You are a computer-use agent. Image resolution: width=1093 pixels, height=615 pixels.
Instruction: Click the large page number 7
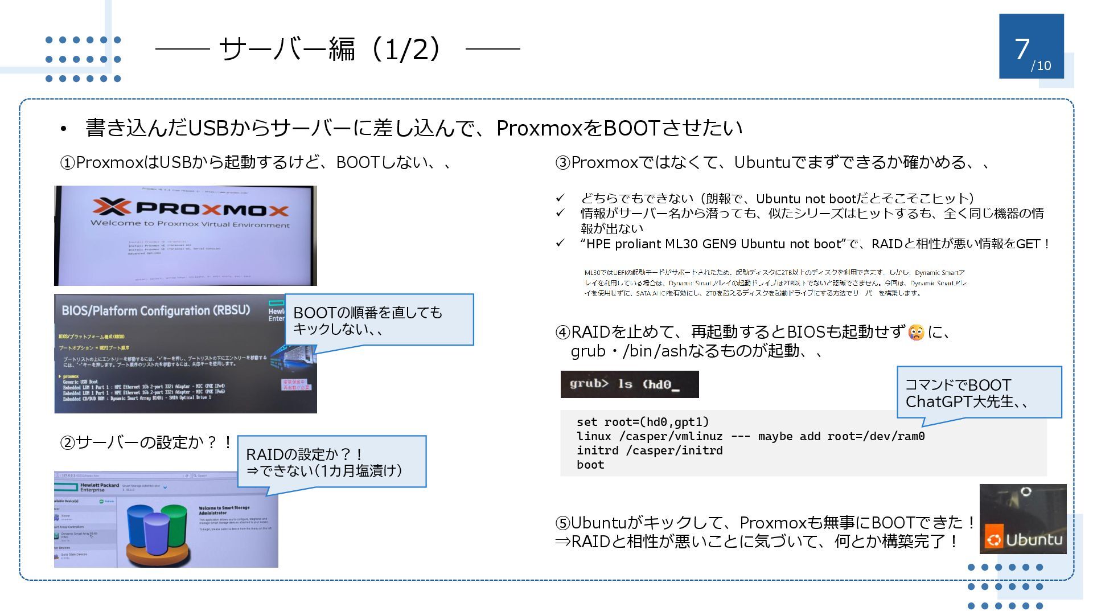click(1022, 49)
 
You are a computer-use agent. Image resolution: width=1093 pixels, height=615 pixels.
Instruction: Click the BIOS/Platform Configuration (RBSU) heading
click(155, 311)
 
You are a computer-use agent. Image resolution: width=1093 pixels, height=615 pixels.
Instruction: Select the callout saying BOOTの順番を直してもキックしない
click(379, 320)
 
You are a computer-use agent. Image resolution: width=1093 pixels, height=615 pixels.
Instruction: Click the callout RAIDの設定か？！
click(331, 462)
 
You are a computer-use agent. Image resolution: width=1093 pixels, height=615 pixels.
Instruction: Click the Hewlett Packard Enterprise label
click(99, 487)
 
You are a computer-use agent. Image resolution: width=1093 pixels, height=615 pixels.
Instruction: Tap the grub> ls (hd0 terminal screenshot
click(629, 384)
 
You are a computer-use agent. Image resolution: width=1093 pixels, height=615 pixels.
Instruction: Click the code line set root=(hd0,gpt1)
click(643, 422)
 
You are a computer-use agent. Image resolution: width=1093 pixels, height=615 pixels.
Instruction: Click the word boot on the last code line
click(590, 465)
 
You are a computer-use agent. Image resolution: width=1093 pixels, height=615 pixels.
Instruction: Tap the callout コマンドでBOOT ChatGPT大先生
click(979, 393)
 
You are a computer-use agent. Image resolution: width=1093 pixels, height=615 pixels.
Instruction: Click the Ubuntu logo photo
click(1023, 519)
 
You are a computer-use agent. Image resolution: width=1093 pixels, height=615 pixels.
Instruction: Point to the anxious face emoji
click(916, 332)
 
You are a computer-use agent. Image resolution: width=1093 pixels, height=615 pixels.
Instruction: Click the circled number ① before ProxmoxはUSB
click(68, 163)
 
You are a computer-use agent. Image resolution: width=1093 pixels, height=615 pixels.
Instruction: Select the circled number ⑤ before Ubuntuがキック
click(562, 523)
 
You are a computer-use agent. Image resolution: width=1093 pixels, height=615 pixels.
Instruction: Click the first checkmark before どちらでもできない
click(560, 198)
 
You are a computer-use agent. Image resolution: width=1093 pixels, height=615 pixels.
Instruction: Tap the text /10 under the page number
click(1041, 66)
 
